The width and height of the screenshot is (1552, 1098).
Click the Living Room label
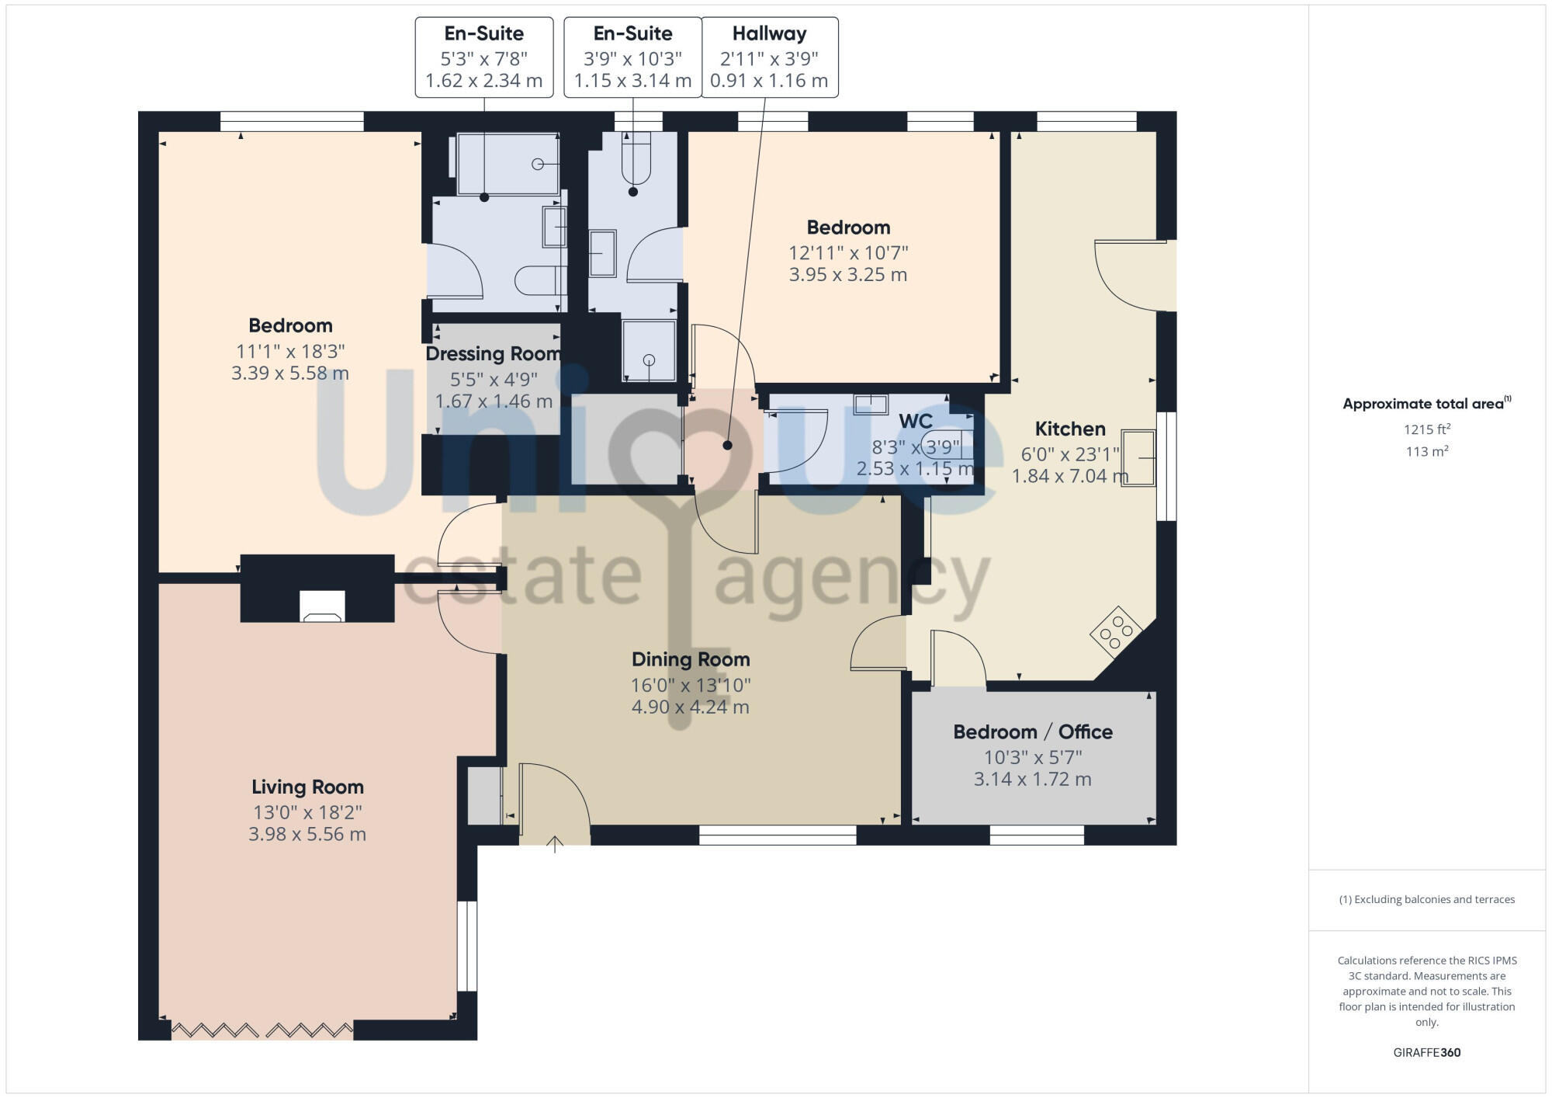click(x=307, y=787)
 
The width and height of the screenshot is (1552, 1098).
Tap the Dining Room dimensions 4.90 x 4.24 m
click(x=690, y=707)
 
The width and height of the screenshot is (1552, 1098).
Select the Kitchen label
click(x=1069, y=429)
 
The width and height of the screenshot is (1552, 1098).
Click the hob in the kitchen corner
click(x=1116, y=632)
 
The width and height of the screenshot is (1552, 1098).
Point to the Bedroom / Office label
click(x=1032, y=731)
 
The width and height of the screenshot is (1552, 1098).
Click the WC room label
click(x=915, y=422)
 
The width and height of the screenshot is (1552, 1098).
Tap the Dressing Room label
click(x=493, y=354)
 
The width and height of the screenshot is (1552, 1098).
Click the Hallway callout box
click(x=769, y=57)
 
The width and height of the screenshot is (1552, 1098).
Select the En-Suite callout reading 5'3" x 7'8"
click(x=483, y=57)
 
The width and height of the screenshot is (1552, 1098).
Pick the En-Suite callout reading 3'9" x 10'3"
click(x=632, y=57)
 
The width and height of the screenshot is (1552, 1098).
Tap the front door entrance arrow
click(x=555, y=844)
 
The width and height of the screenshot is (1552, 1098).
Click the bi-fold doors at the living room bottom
click(x=262, y=1030)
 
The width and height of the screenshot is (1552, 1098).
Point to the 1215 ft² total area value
click(x=1426, y=429)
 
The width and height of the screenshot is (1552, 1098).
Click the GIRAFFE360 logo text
click(x=1426, y=1052)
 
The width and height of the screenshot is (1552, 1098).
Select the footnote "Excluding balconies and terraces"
click(x=1426, y=899)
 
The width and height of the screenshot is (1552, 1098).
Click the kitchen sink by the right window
click(x=1138, y=458)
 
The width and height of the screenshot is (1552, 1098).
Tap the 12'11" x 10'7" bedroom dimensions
click(x=847, y=252)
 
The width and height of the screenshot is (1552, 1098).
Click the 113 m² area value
click(x=1426, y=451)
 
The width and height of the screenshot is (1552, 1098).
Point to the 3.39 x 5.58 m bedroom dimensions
click(x=289, y=373)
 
